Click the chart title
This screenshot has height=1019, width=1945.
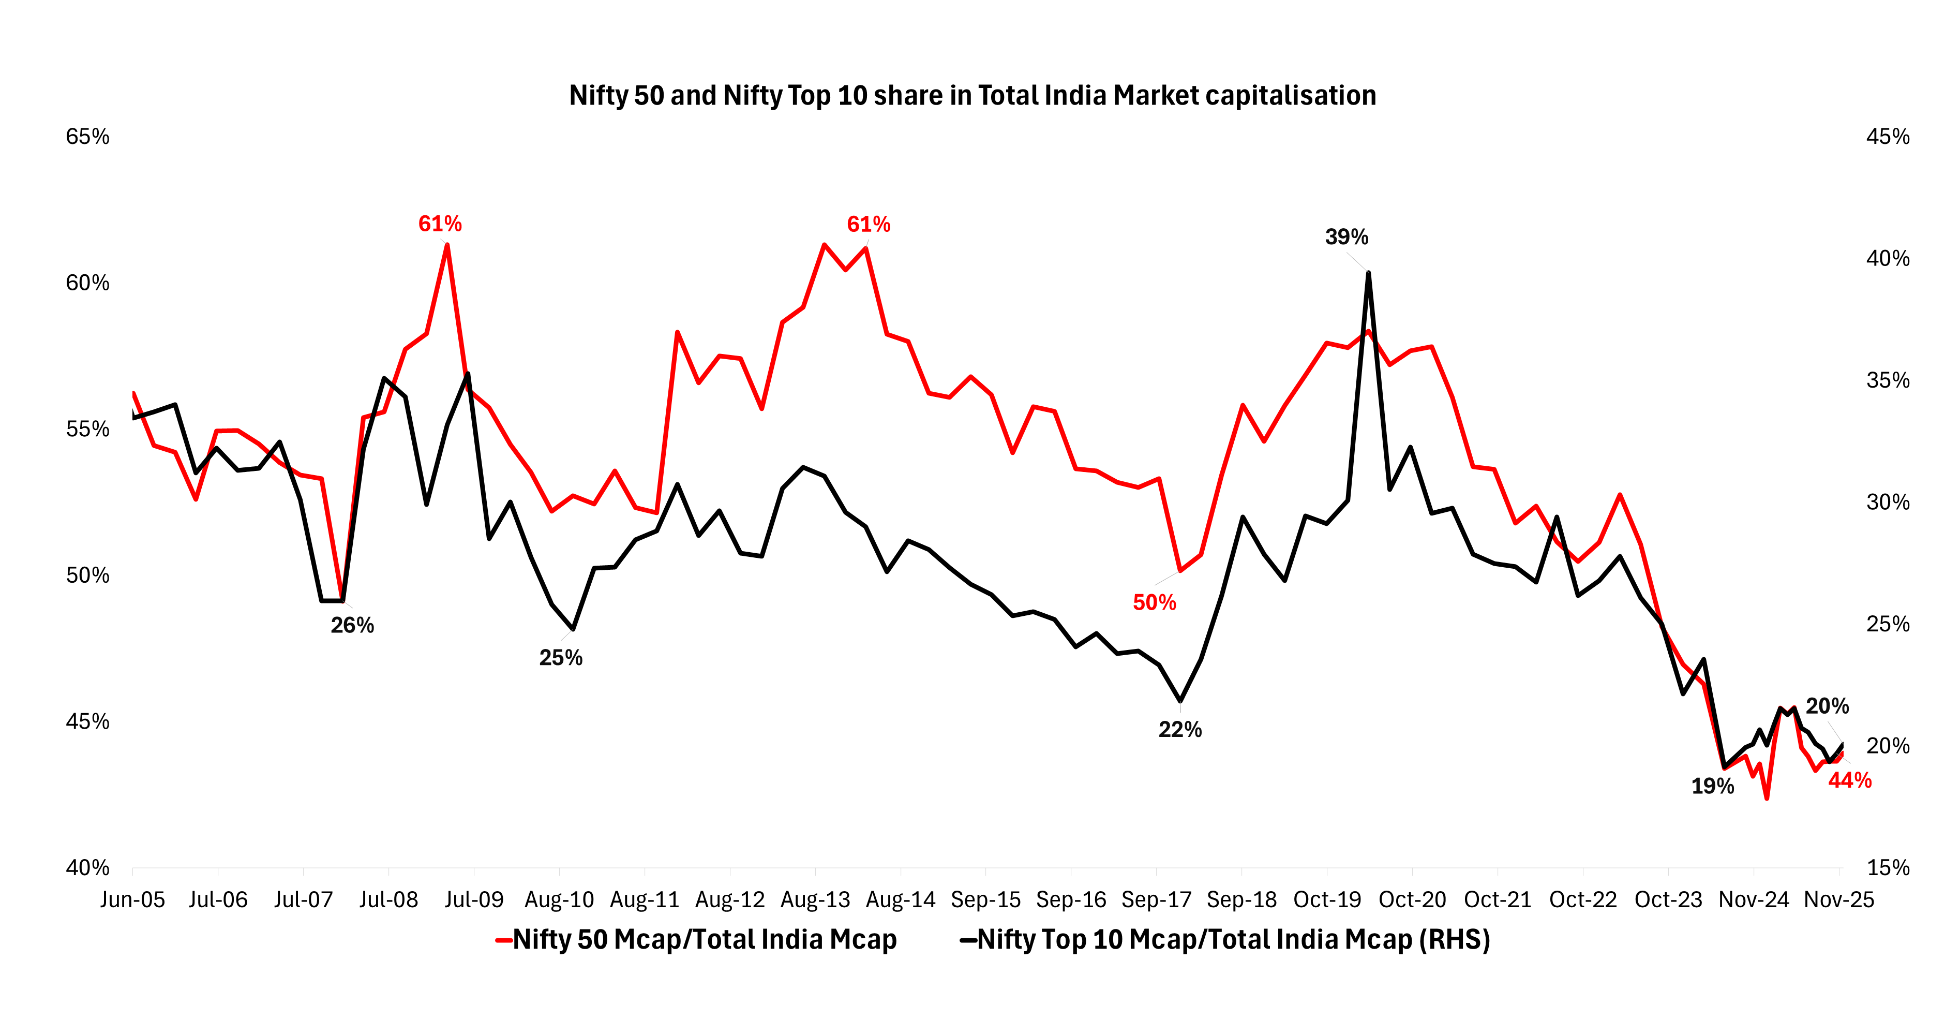(x=972, y=96)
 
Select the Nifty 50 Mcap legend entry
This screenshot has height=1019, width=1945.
(x=704, y=940)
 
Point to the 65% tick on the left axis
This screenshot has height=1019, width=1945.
(x=87, y=137)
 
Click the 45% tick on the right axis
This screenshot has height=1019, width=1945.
(x=1888, y=137)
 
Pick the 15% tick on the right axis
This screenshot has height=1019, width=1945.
(x=1888, y=867)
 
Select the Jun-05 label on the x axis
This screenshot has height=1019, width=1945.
(x=133, y=899)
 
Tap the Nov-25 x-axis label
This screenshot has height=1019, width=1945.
(x=1838, y=899)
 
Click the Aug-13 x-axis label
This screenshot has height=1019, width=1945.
(x=815, y=899)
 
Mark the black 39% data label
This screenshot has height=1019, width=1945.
(x=1346, y=237)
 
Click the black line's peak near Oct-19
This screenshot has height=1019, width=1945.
(x=1368, y=273)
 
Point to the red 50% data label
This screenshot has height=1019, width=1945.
(x=1155, y=603)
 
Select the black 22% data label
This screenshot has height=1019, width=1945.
(x=1180, y=730)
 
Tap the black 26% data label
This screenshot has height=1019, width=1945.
(x=353, y=626)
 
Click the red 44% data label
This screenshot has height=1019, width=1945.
(x=1850, y=780)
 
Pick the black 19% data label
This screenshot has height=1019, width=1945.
(x=1712, y=786)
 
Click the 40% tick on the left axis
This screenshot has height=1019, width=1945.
(x=87, y=867)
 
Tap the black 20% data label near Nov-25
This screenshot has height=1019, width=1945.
(x=1827, y=706)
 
